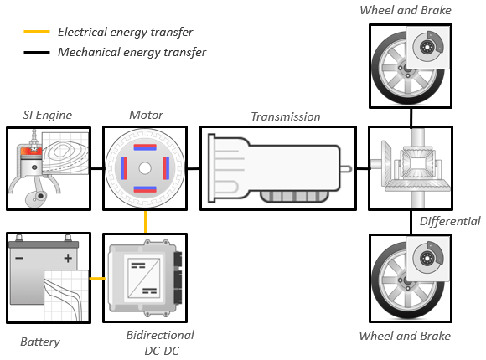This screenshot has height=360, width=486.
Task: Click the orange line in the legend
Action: pos(37,31)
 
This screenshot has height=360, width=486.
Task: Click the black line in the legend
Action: pos(37,52)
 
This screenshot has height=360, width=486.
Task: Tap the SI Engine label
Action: pos(48,115)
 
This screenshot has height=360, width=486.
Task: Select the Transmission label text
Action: pos(286,117)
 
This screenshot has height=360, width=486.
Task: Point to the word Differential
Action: pos(450,221)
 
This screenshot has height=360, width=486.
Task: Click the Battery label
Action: pos(40,342)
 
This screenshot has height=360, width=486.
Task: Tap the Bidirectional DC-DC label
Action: pos(160,343)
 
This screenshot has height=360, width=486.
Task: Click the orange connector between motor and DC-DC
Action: pos(145,222)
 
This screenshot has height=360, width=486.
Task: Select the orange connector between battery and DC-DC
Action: pos(97,279)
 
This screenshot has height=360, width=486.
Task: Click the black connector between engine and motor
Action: pos(96,168)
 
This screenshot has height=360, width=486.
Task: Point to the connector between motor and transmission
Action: pos(194,168)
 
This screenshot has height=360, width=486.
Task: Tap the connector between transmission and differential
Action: pos(362,168)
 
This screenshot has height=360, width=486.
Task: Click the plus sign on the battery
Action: pos(68,258)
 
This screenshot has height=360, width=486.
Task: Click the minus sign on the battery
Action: pos(19,258)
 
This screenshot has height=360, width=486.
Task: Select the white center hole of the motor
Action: pos(145,168)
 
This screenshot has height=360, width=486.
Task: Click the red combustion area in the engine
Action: pos(31,151)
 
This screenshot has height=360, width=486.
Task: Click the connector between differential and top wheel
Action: pos(411,117)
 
